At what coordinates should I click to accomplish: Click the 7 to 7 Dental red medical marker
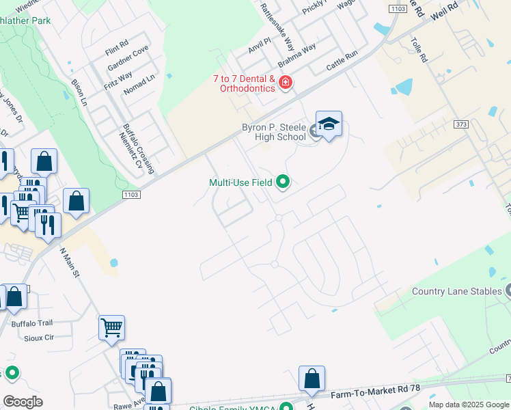point(286,84)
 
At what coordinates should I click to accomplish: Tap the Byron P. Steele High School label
point(274,132)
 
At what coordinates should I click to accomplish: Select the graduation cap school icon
point(329,124)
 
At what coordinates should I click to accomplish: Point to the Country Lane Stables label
point(456,292)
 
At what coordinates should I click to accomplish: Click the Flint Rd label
point(117,48)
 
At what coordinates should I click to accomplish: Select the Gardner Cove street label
point(128,59)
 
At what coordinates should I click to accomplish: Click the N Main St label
point(70,263)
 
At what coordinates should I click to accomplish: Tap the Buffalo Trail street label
point(31,323)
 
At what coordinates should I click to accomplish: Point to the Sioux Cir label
point(38,338)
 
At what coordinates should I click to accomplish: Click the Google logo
point(23,402)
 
